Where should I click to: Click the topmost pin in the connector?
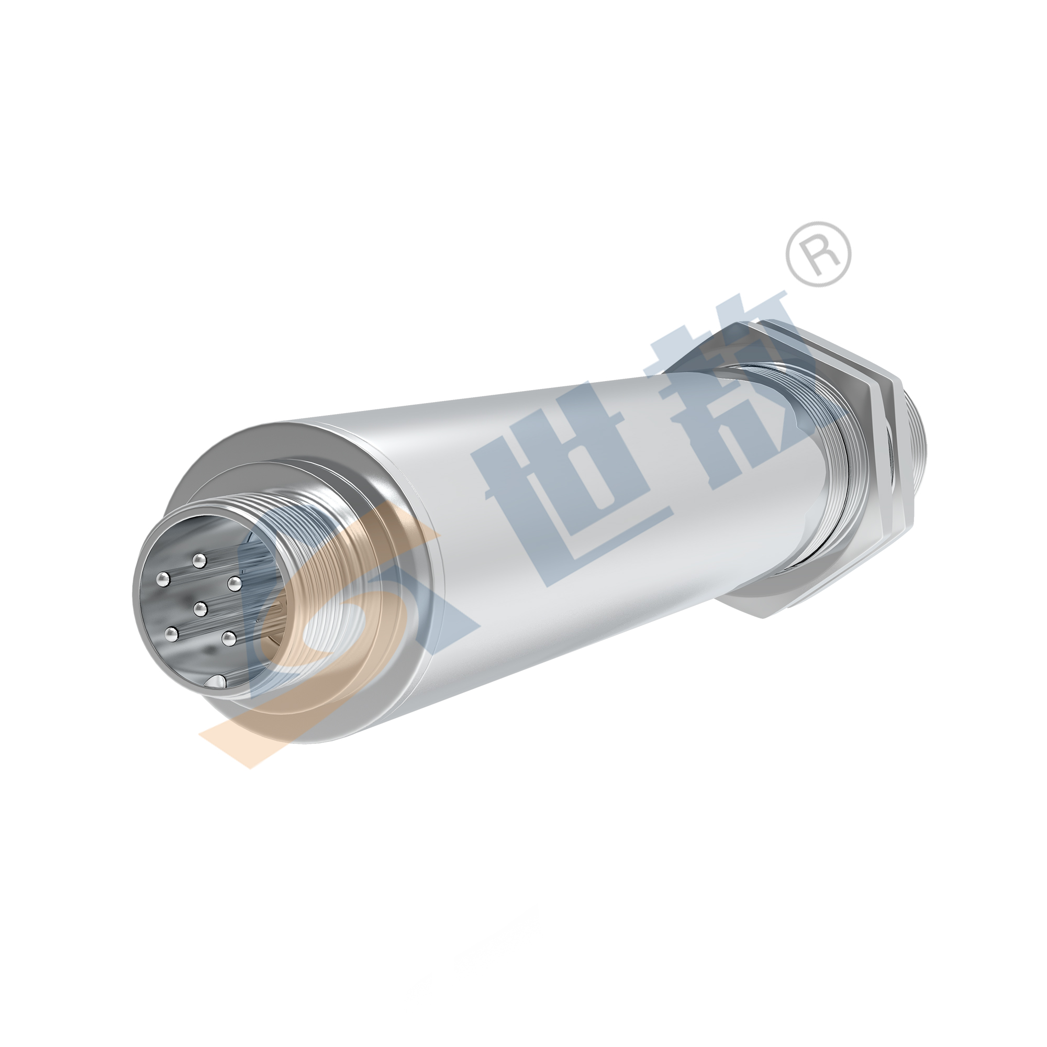(200, 559)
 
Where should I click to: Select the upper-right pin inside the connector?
(234, 584)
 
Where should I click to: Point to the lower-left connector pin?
(172, 632)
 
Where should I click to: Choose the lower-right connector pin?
(228, 638)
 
